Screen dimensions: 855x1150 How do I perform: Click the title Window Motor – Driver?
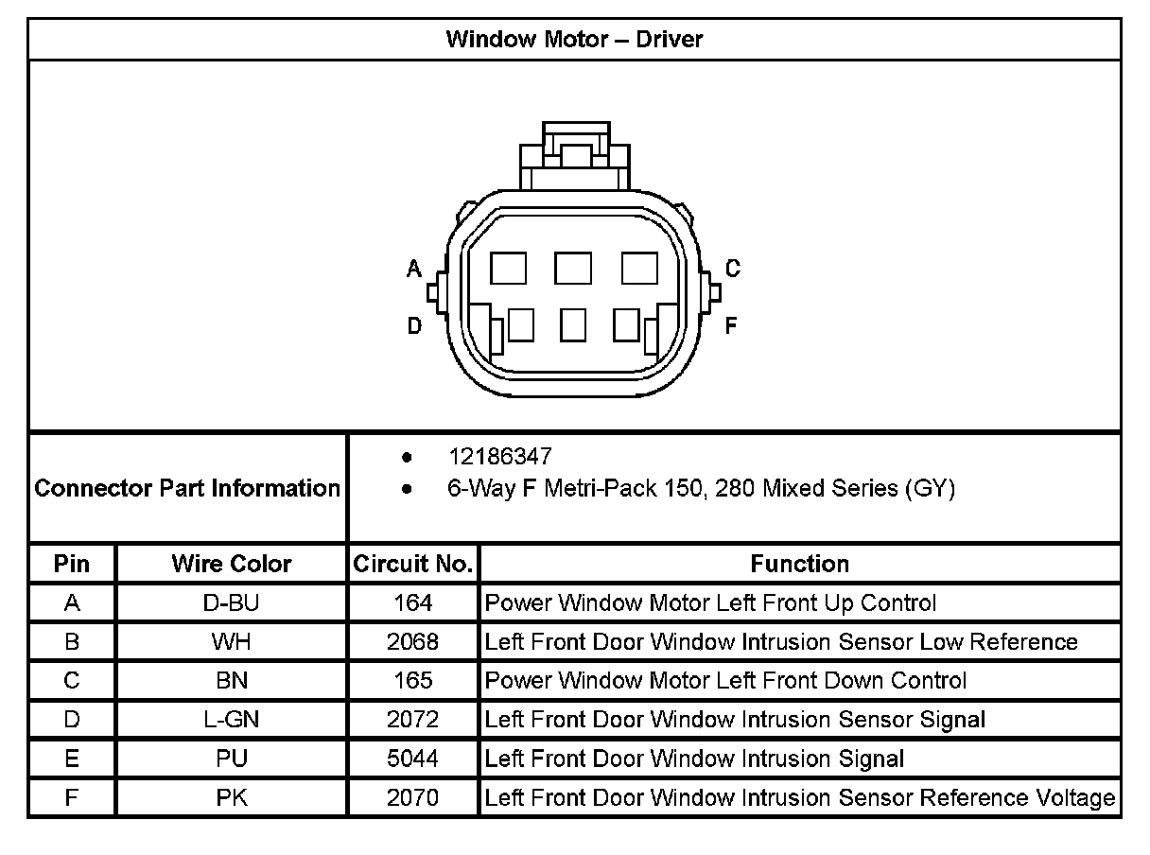point(574,40)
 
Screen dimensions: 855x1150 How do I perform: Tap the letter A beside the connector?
point(414,270)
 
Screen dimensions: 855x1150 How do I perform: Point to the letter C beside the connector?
point(733,270)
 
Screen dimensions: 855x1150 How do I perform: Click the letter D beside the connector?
point(414,326)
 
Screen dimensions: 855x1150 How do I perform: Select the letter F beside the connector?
point(731,326)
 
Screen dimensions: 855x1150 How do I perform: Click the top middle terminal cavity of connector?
point(573,269)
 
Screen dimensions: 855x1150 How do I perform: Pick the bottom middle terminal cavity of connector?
point(573,325)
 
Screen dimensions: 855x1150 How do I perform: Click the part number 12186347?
point(499,457)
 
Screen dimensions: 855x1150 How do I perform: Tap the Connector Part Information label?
point(187,488)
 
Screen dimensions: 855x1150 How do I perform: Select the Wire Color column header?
point(232,564)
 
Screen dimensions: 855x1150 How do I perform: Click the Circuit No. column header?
point(413,564)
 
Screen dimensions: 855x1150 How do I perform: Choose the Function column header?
point(800,564)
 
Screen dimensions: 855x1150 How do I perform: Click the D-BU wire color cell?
point(232,602)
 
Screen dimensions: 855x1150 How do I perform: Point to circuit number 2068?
point(413,642)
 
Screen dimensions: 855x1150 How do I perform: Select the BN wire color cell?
point(232,681)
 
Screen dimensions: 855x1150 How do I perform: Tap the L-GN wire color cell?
point(232,720)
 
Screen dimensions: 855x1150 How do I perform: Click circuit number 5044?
point(413,759)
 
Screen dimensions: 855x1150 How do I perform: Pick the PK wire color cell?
point(232,797)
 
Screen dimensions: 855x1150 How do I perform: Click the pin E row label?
point(72,759)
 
